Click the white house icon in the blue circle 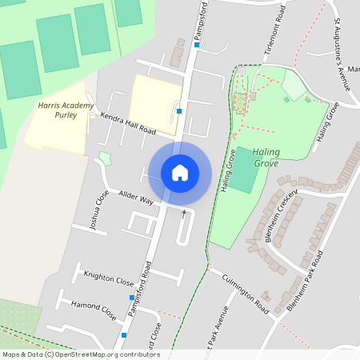pos(180,172)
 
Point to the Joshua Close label pos(98,210)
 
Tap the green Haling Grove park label pos(255,157)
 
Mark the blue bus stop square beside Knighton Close pos(132,298)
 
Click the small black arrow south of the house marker pos(185,213)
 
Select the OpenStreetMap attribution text pos(80,354)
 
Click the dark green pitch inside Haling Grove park pos(246,181)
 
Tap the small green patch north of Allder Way pos(104,158)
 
